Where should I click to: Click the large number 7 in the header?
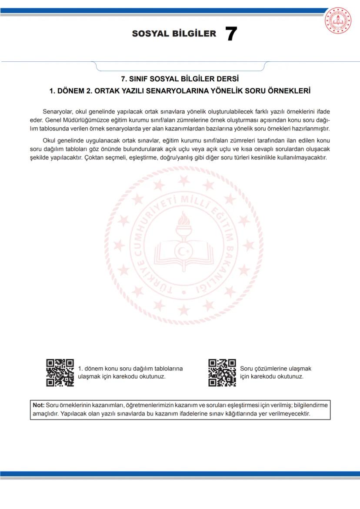[231, 34]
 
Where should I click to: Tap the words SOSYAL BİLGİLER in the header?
[174, 34]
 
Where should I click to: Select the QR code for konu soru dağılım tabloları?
[60, 373]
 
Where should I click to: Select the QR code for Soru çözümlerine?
[222, 373]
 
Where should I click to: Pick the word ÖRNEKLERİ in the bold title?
[289, 91]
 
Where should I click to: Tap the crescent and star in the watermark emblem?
[183, 251]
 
